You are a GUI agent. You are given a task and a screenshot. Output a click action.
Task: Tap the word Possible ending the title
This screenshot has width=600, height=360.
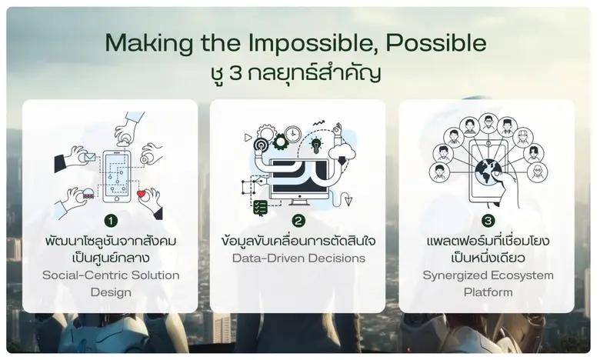point(441,43)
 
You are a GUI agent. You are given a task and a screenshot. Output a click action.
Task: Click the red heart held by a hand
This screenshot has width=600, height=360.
point(141,195)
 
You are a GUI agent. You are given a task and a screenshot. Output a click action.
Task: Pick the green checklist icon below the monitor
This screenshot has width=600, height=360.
point(261,207)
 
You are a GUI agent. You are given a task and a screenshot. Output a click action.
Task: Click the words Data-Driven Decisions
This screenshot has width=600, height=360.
point(298,258)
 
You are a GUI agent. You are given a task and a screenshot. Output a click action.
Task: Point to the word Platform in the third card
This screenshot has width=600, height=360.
point(487,292)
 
